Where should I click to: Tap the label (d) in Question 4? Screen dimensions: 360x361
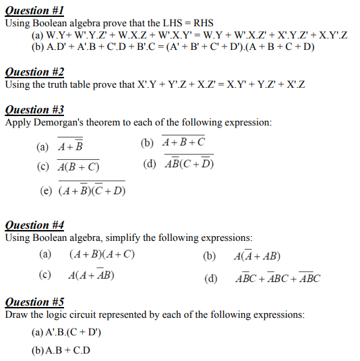[x=210, y=278]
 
